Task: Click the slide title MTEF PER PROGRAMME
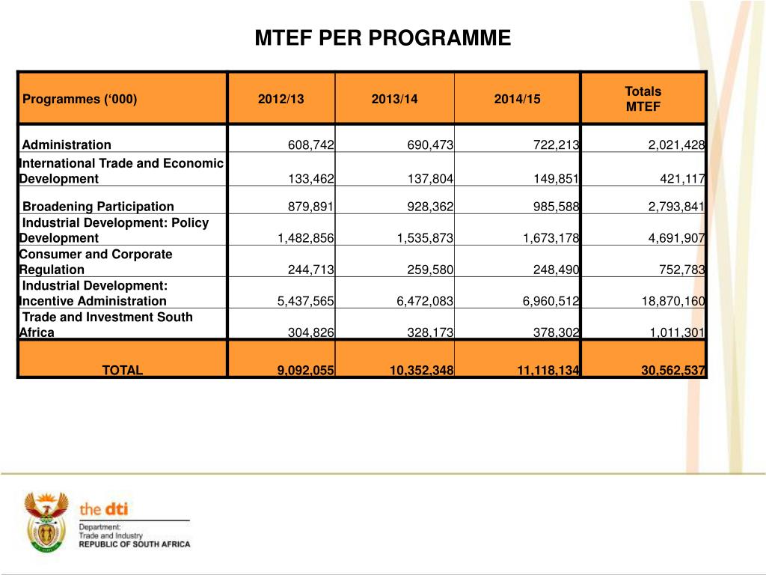[382, 38]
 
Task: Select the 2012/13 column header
[281, 99]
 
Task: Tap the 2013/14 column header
[394, 99]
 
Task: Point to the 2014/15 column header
[517, 99]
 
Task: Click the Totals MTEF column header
[643, 99]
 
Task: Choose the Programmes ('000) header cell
[80, 99]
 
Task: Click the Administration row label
[67, 145]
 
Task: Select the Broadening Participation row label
[98, 207]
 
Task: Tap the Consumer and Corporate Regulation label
[95, 261]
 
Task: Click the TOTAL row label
[123, 370]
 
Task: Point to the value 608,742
[311, 145]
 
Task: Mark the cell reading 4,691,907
[676, 238]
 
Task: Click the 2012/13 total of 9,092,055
[306, 370]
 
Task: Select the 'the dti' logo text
[104, 509]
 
